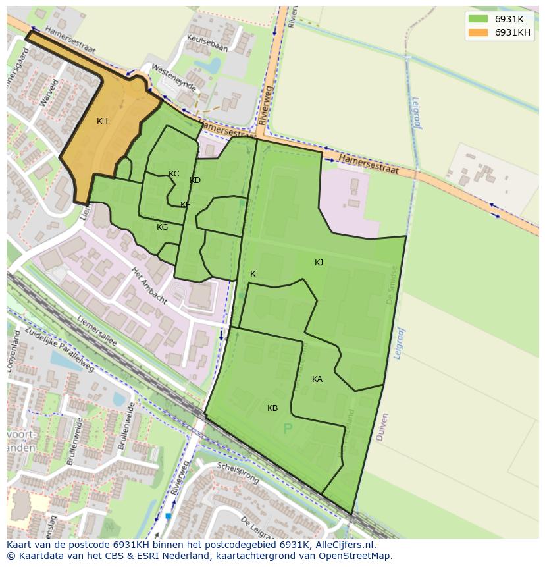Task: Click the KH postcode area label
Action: coord(102,121)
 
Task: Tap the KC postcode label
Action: coord(174,174)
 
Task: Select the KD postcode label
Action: coord(195,180)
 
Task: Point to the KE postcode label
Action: coord(186,205)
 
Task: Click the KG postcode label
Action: coord(162,227)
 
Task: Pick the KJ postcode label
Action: coord(319,263)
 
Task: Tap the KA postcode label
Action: coord(317,379)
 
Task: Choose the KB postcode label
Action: coord(272,408)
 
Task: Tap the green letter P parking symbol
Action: coord(287,429)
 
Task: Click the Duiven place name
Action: coord(382,427)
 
